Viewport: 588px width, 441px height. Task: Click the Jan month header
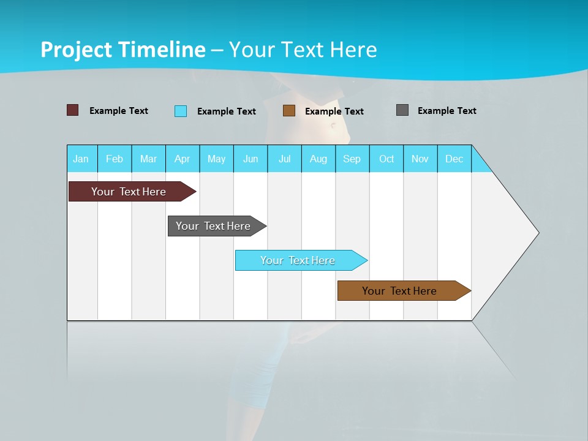(x=81, y=159)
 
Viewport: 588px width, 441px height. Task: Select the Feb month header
(x=115, y=159)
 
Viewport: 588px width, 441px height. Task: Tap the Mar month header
(x=148, y=159)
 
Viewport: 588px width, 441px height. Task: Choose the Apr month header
(x=183, y=159)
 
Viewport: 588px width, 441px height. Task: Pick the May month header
(x=216, y=159)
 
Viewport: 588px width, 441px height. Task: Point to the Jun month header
(x=251, y=159)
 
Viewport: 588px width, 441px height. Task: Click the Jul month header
(x=284, y=159)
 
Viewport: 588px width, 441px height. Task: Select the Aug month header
(x=318, y=159)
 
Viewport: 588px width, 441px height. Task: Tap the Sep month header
(x=352, y=159)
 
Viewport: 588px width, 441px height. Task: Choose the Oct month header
(x=386, y=159)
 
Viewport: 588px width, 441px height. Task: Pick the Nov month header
(x=420, y=159)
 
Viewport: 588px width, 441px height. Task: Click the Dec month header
(x=454, y=159)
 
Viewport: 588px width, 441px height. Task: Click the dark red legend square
(x=73, y=110)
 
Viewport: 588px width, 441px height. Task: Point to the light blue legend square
(x=181, y=111)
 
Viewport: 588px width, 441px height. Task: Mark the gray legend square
(x=402, y=110)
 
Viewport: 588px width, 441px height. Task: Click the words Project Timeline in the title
(x=123, y=50)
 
